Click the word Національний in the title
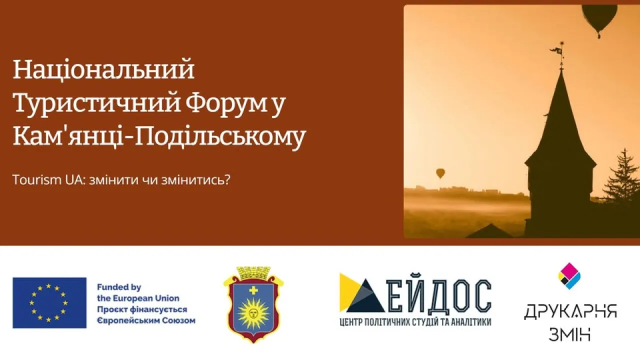coord(103,70)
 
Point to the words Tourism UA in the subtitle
coord(49,180)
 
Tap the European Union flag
coord(49,303)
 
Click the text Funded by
coord(119,287)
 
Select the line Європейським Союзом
coord(146,321)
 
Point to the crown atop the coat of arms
coord(253,272)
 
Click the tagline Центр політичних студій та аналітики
coord(415,322)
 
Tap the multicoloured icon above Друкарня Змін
coord(569,276)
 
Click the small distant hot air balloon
coord(440,173)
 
